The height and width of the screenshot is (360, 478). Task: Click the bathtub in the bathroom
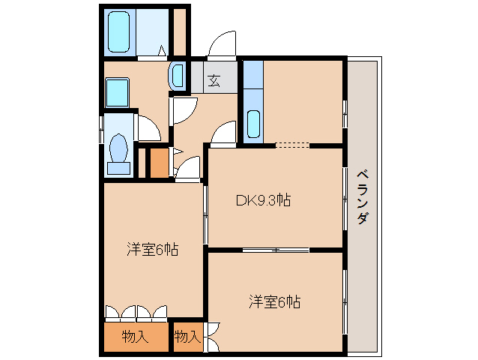coord(119,32)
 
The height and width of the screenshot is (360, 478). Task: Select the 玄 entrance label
coord(213,79)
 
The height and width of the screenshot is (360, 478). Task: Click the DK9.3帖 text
coord(263,200)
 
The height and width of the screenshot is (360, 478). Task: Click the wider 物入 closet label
coord(135,337)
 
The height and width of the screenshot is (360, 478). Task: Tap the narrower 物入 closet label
coord(187,337)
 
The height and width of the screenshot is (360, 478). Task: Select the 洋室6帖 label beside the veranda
coord(275,302)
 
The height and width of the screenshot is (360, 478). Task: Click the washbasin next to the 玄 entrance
coord(178,76)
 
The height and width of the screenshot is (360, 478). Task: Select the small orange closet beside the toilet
coord(158,163)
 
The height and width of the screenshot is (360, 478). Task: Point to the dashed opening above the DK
coord(291,145)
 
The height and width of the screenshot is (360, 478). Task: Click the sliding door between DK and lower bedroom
coord(276,249)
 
